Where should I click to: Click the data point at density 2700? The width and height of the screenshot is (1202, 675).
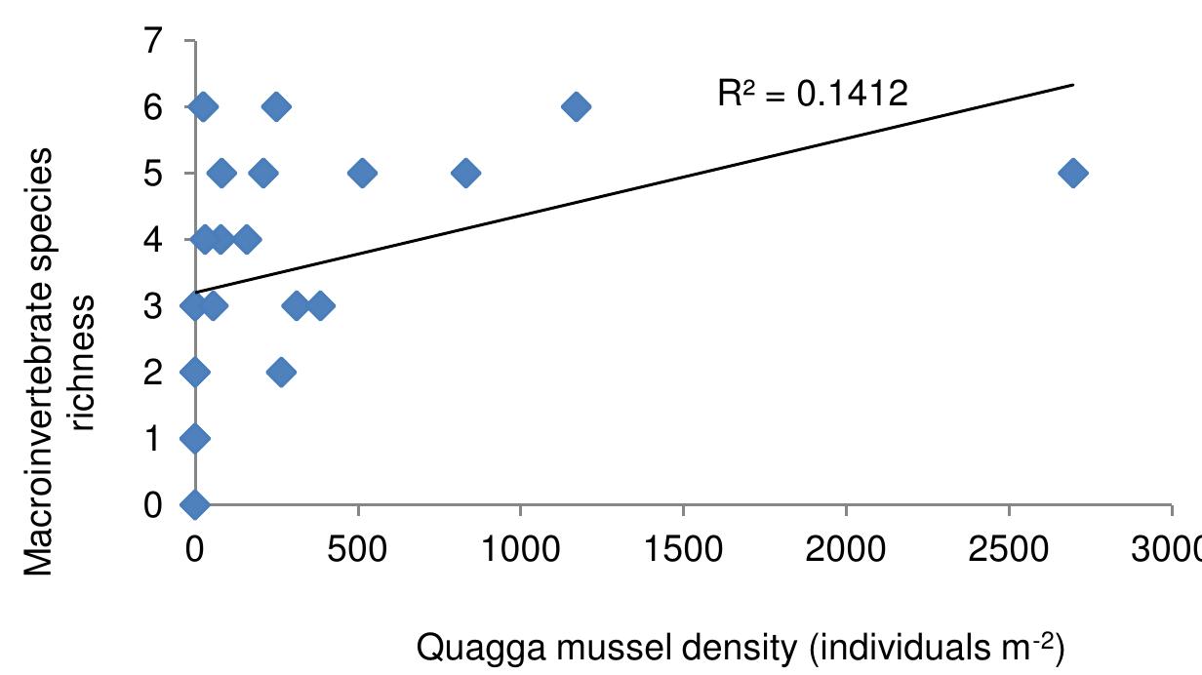(1072, 174)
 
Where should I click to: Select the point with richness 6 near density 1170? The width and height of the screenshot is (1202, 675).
(576, 106)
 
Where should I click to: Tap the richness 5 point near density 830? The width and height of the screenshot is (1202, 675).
(465, 174)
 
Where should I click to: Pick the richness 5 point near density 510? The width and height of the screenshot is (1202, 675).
(361, 174)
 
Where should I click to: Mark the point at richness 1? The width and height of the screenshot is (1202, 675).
(195, 438)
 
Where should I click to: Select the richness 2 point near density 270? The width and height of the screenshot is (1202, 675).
(281, 372)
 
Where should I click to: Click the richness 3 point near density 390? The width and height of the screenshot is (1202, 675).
(320, 305)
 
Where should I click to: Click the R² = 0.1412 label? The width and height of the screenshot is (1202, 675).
(813, 95)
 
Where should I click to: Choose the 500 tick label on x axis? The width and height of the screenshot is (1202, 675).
(358, 541)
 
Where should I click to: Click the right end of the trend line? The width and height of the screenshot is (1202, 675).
(1072, 85)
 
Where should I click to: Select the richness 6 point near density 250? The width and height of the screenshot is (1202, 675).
(276, 106)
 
